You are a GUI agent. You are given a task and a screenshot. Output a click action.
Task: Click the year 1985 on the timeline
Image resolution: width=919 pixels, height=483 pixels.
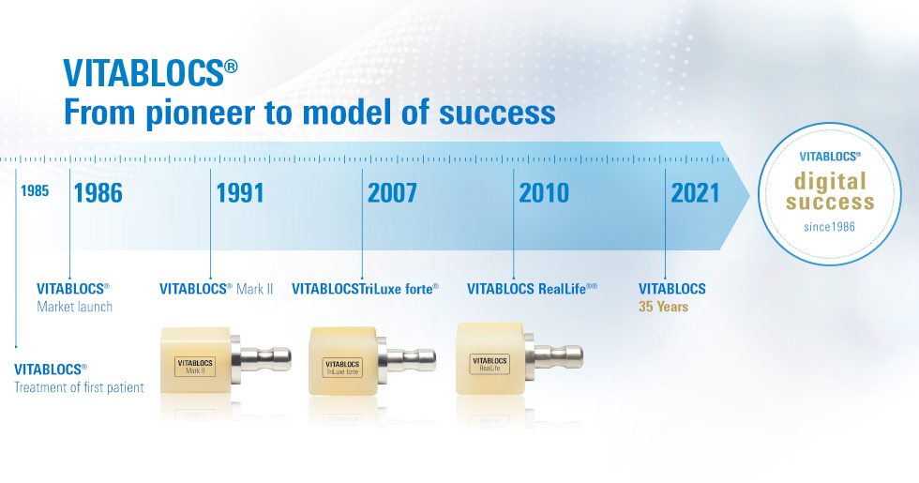[x=35, y=191]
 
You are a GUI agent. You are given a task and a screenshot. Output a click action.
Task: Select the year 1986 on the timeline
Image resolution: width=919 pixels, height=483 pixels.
[x=98, y=193]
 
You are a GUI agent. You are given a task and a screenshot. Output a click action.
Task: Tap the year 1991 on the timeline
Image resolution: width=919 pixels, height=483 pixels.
[x=240, y=193]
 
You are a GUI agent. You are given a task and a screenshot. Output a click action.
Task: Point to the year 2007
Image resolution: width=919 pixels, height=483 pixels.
[x=392, y=193]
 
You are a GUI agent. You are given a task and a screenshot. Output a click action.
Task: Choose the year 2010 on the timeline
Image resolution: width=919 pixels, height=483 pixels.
[x=544, y=193]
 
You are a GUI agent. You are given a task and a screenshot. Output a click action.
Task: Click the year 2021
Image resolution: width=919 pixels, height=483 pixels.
[x=695, y=193]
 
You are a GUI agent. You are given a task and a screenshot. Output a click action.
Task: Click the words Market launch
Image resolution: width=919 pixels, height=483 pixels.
[x=74, y=307]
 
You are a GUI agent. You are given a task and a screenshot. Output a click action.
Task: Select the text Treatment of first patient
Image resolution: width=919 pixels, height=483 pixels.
[x=79, y=387]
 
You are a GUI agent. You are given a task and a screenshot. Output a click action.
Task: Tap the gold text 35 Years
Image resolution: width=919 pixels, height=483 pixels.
[x=664, y=307]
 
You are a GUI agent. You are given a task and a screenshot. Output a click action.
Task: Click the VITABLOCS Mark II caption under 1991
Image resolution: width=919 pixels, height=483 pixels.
[x=217, y=289]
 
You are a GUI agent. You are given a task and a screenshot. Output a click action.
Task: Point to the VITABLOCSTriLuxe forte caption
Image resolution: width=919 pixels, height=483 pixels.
[x=365, y=289]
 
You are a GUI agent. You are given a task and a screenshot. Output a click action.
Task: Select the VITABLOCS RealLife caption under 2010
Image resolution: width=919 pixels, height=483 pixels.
[x=532, y=289]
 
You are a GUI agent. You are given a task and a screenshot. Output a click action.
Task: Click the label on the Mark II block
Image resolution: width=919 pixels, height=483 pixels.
[x=195, y=367]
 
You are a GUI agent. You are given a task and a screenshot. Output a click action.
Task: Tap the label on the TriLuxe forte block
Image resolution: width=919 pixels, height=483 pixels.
[x=342, y=368]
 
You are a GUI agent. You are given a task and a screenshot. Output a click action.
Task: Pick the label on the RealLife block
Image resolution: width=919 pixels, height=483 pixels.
[x=490, y=364]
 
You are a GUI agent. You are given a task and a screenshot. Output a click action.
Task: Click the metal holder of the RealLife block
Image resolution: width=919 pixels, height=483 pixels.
[x=554, y=355]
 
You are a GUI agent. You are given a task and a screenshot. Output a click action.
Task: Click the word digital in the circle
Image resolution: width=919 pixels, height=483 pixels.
[x=830, y=182]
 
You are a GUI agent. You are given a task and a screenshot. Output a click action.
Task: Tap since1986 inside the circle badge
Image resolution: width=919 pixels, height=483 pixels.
[x=829, y=227]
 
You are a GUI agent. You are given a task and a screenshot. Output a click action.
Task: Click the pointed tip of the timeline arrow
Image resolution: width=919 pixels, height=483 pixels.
[x=749, y=196]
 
